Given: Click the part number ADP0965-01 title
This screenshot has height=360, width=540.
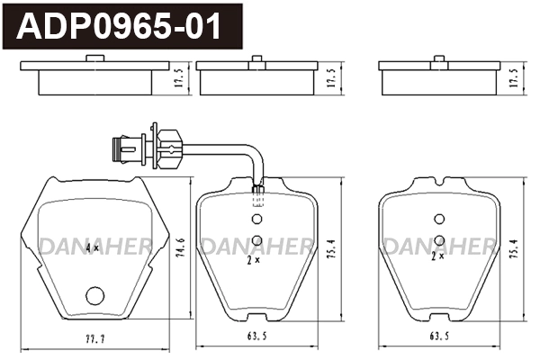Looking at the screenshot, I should (x=119, y=27).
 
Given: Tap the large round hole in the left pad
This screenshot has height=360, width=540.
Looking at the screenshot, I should (x=94, y=294).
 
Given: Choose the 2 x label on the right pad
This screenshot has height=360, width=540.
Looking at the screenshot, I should (x=437, y=256).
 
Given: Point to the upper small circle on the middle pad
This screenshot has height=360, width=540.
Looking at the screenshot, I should (x=256, y=219).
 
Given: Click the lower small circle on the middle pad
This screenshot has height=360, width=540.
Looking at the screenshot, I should (x=256, y=239).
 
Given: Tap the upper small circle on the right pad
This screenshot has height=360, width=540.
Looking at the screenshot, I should (x=439, y=219).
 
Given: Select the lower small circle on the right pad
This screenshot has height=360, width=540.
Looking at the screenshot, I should (x=439, y=238).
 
